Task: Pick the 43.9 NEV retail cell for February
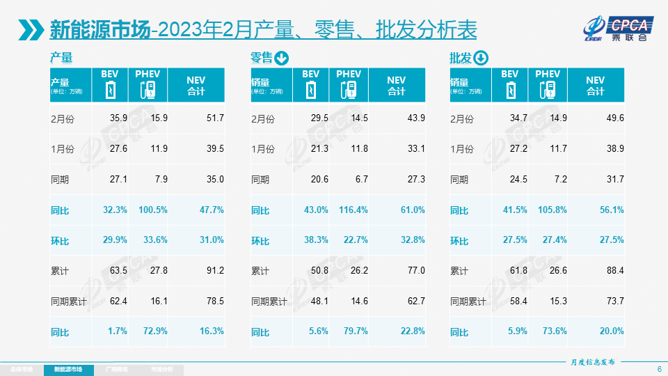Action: pos(416,119)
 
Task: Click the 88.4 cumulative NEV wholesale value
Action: pos(615,271)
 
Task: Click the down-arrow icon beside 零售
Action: pos(282,58)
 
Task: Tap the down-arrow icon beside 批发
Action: pos(482,58)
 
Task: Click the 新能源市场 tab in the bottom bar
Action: pos(73,369)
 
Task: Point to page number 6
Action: pos(659,369)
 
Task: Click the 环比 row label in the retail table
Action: pos(260,240)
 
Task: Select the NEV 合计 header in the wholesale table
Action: pos(595,86)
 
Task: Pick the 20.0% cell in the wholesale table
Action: pos(614,331)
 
